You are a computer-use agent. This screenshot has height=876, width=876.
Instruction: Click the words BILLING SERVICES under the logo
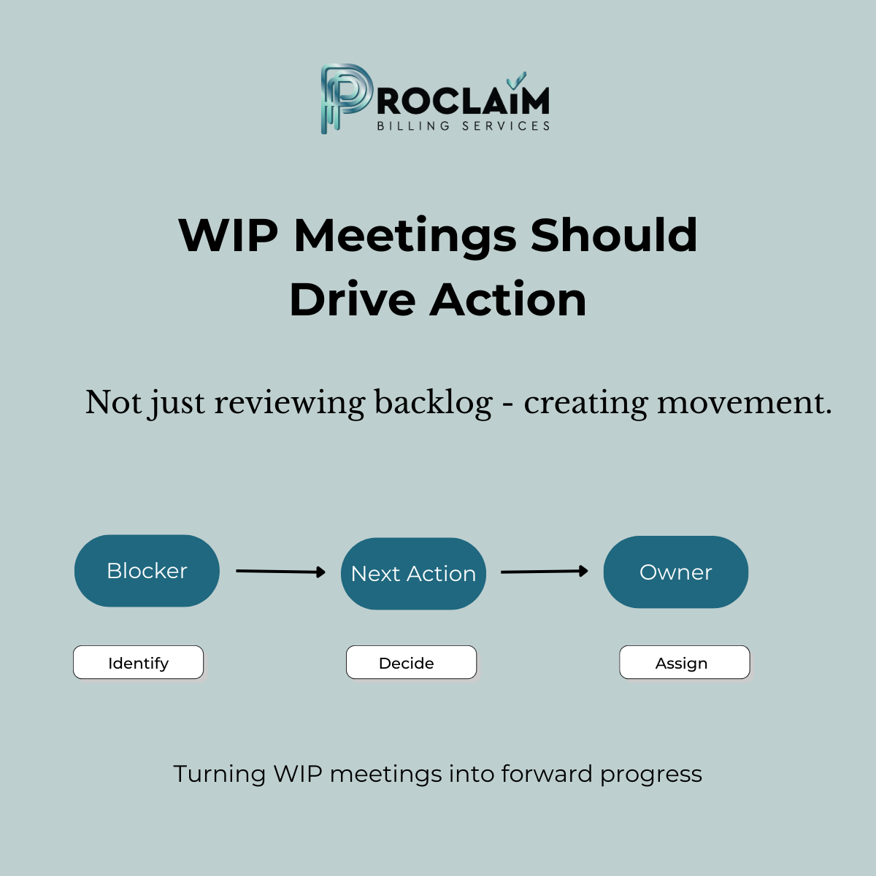463,126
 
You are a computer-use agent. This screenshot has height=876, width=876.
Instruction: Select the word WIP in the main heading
228,235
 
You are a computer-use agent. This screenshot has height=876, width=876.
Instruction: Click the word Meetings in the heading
405,237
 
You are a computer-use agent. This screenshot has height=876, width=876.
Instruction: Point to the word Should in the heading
614,235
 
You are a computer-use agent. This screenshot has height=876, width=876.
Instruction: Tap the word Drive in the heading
353,299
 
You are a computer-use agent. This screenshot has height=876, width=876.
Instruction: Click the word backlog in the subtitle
433,403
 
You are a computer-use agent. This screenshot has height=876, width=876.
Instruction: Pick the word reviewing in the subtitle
290,403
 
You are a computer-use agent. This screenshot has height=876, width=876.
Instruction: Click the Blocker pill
147,571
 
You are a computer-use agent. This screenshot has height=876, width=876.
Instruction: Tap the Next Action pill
413,574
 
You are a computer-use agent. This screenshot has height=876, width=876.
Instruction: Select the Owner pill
676,572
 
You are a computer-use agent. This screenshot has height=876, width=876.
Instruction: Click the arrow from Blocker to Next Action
280,572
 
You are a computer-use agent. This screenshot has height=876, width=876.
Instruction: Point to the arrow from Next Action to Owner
544,572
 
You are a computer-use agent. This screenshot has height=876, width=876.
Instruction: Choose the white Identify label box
138,662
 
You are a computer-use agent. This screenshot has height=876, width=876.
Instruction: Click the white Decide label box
411,662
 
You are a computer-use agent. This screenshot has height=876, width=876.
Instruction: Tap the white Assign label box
685,662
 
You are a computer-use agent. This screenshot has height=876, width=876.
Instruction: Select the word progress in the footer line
650,775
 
